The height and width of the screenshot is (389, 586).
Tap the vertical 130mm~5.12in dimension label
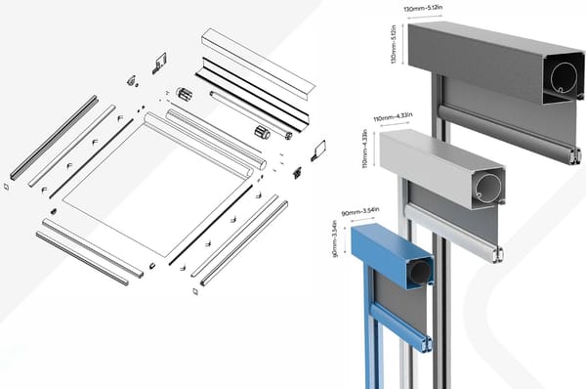(394, 44)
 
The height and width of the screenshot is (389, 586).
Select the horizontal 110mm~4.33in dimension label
(393, 117)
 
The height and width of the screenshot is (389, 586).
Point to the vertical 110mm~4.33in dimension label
(365, 149)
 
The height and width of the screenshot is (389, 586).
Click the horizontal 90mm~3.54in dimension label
(360, 212)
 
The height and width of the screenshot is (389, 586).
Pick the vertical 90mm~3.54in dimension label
(334, 238)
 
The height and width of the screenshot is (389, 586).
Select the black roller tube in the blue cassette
(420, 272)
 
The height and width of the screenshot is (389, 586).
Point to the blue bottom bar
(400, 328)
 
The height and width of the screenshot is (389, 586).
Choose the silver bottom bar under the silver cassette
(454, 233)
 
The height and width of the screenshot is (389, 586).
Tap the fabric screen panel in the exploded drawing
(157, 191)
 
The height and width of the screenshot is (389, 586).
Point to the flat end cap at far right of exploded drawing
(318, 150)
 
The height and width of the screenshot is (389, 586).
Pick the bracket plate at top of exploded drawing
(159, 63)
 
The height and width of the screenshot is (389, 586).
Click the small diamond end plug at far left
(7, 187)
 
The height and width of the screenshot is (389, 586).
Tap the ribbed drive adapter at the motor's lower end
(263, 132)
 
